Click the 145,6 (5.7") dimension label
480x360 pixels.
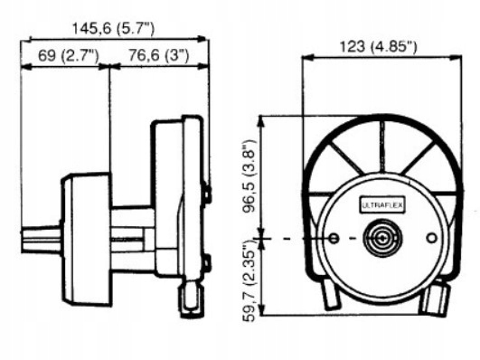(x=113, y=29)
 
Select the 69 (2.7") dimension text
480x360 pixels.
(x=69, y=56)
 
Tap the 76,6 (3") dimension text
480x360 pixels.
(x=158, y=55)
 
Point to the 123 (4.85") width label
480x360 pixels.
(x=379, y=47)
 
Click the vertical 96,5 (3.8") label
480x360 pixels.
(x=249, y=175)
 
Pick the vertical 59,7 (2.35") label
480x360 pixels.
(x=249, y=281)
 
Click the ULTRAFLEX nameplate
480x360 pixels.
(x=382, y=205)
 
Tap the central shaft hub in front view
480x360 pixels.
(x=382, y=238)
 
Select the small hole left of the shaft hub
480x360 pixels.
(x=334, y=238)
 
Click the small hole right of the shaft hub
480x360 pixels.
(x=432, y=238)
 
